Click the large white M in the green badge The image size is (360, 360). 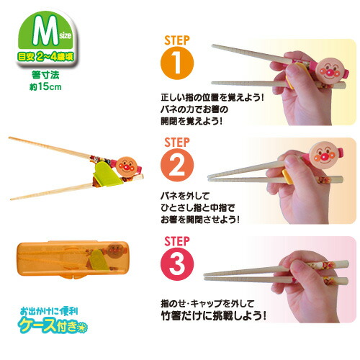click(x=45, y=31)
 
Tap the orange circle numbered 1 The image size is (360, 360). click(x=177, y=63)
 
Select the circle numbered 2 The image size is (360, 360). click(x=177, y=165)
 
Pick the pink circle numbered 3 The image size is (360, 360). click(x=177, y=264)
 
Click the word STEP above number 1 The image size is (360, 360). click(x=177, y=40)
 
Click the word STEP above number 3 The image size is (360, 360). click(x=177, y=241)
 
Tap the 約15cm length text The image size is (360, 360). click(x=45, y=87)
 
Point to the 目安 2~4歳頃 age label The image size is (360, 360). click(x=45, y=57)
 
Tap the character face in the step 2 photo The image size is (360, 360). click(x=323, y=154)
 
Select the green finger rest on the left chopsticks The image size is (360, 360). click(x=107, y=174)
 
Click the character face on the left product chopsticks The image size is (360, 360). click(x=127, y=166)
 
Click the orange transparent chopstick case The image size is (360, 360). click(x=73, y=259)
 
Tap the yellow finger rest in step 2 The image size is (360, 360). click(x=288, y=176)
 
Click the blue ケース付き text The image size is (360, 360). click(x=53, y=325)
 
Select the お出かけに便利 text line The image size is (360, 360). click(x=49, y=311)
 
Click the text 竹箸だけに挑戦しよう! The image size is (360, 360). click(x=214, y=316)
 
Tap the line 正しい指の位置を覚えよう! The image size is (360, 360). click(x=212, y=98)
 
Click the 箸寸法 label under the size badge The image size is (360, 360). click(x=45, y=75)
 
